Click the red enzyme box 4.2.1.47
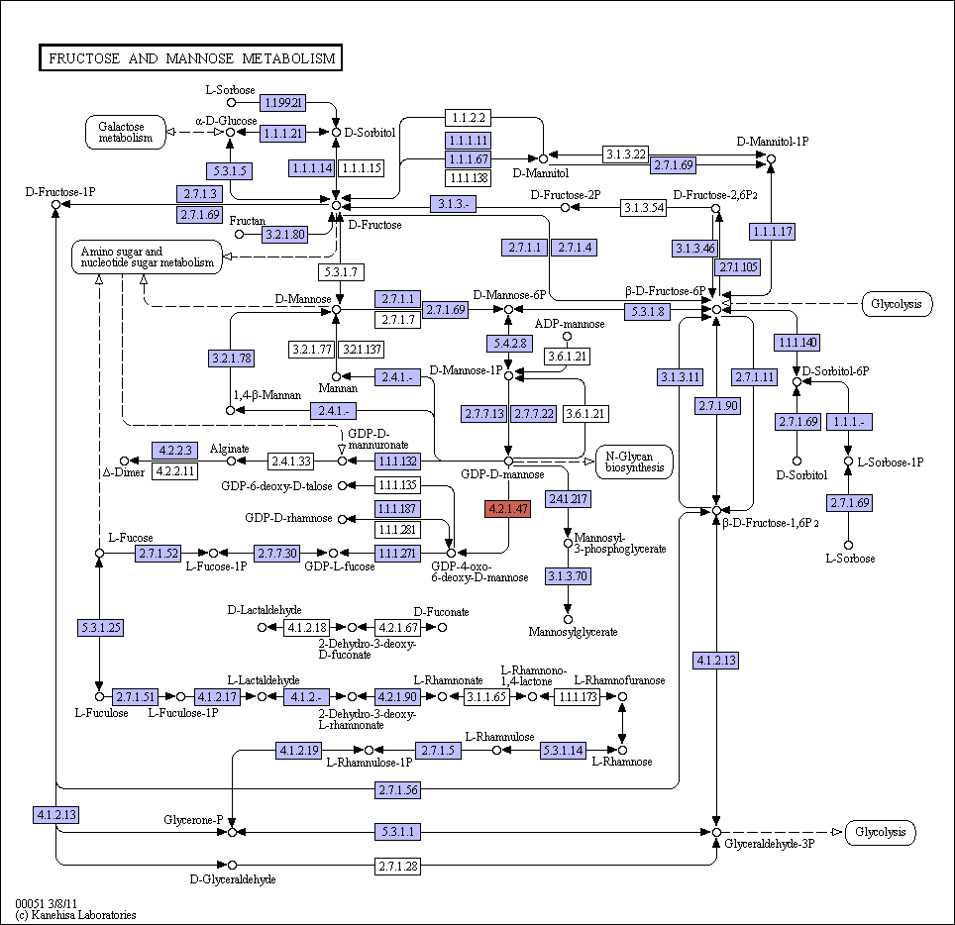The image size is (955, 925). (x=507, y=508)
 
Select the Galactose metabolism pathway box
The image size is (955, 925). (x=126, y=132)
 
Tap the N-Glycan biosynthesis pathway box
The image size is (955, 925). (x=634, y=462)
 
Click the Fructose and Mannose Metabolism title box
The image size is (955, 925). (x=190, y=57)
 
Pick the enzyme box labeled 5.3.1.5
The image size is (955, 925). (x=229, y=170)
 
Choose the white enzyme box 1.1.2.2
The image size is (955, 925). (x=468, y=118)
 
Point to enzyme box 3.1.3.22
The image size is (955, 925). (x=625, y=154)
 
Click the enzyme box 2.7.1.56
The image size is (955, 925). (x=397, y=789)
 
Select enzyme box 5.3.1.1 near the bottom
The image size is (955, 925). (x=397, y=831)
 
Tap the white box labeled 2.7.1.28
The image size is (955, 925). (x=397, y=866)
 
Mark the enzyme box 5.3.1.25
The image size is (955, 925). (x=100, y=627)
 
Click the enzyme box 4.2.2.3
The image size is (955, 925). (x=174, y=450)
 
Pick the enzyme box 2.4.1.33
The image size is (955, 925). (x=291, y=461)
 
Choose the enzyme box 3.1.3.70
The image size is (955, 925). (x=568, y=575)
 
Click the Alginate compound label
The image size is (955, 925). (x=229, y=449)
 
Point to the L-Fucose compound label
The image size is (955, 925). (x=131, y=537)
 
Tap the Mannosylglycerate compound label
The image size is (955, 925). (x=573, y=632)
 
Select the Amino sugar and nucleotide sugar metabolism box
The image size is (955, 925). (x=147, y=257)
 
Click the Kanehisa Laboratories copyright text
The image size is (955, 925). (x=75, y=915)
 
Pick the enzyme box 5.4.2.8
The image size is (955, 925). (x=509, y=343)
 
